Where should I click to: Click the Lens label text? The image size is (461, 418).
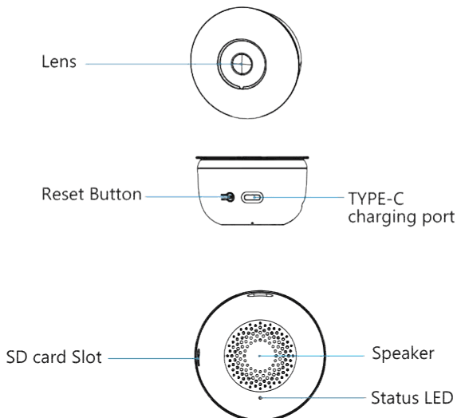coord(59,61)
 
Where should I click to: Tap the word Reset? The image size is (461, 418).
coord(63,195)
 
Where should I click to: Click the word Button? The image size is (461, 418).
coord(116,195)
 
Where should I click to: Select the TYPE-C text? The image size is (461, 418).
coord(376,199)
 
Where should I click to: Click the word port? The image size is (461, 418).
coord(438,218)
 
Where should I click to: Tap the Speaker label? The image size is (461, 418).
coord(403,353)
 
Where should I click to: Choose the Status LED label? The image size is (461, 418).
coord(412,398)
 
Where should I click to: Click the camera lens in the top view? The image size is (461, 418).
coord(242,64)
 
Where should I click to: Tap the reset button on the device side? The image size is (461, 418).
coord(228,197)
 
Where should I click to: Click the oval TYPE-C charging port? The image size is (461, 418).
coord(252,197)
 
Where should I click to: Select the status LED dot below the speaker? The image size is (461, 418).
coord(260,398)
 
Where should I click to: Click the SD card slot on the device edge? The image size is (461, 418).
coord(198,357)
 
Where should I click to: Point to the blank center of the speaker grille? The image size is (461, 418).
coord(260,356)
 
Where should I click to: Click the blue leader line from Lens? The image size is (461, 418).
coord(164,64)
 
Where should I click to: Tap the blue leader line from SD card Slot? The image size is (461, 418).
coord(153,358)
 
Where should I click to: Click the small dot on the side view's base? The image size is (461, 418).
coord(252,223)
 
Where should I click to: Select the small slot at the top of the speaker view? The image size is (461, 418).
coord(260,294)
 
